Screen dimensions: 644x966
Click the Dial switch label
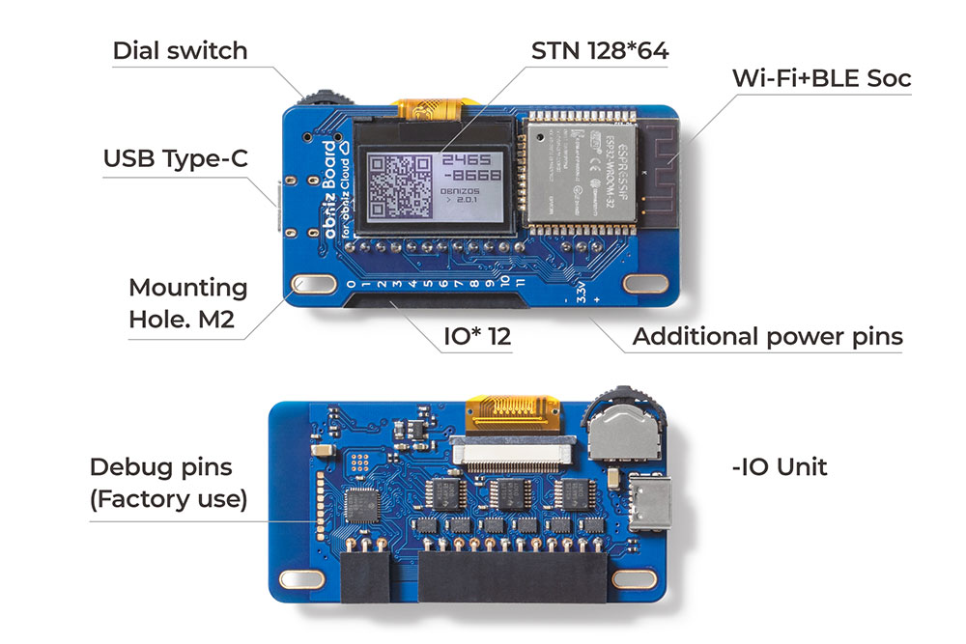click(180, 50)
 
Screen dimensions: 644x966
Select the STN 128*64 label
click(599, 50)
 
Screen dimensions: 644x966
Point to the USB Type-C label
click(176, 158)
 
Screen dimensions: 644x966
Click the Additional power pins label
click(767, 337)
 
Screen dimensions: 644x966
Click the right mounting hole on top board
click(643, 284)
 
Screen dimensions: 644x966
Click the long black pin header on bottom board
click(512, 577)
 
